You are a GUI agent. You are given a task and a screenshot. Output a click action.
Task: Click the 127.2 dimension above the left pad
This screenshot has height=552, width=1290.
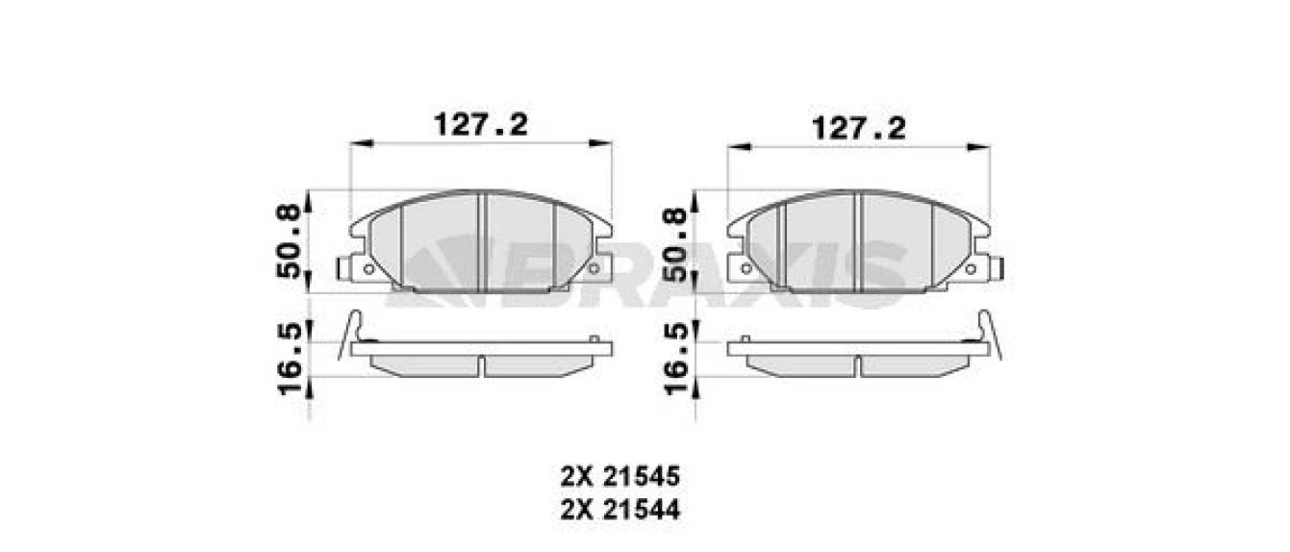coord(481,124)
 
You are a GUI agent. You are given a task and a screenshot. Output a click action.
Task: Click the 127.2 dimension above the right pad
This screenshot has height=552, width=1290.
coord(859,128)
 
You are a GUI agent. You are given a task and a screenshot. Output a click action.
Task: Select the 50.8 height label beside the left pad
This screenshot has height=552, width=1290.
coord(290,241)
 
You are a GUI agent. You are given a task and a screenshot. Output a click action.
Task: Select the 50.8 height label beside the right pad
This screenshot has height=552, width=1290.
coord(675,244)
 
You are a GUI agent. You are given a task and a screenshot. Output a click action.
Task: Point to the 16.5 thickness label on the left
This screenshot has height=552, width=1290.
coord(290,359)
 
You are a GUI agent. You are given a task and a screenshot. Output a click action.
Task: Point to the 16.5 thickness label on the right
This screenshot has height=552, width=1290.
coord(676,359)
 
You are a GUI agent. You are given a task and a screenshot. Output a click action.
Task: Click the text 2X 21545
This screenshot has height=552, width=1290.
coord(620,476)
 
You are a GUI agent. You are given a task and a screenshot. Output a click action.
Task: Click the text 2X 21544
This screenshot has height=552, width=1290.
coord(620,510)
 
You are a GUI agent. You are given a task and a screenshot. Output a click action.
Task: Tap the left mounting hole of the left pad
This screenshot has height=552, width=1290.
coord(368,268)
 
